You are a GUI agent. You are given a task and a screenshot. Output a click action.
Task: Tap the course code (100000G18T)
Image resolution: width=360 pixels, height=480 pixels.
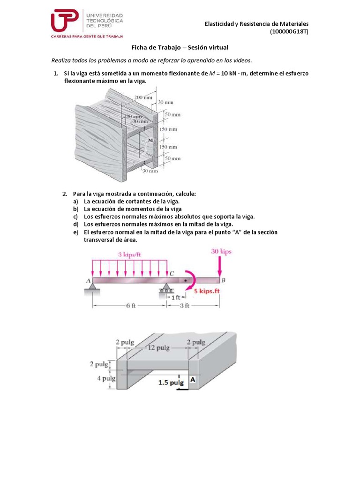pyautogui.click(x=289, y=32)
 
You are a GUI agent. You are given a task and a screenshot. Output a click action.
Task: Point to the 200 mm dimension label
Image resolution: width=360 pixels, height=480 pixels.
pyautogui.click(x=143, y=97)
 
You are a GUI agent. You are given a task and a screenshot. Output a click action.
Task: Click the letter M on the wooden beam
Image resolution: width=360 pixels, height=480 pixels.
pyautogui.click(x=150, y=140)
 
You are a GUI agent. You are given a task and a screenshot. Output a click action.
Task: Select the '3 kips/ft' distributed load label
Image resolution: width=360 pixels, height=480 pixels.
pyautogui.click(x=129, y=254)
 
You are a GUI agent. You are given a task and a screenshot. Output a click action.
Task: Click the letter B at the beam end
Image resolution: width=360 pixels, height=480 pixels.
pyautogui.click(x=223, y=280)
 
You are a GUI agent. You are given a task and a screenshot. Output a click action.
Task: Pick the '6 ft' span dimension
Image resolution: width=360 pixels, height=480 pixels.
pyautogui.click(x=130, y=306)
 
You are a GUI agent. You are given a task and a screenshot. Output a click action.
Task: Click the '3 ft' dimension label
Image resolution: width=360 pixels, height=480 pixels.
pyautogui.click(x=184, y=306)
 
